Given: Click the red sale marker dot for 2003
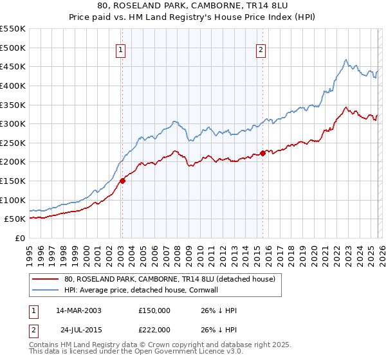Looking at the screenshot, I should (x=122, y=181).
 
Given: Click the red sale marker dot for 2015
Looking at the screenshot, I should (x=263, y=153).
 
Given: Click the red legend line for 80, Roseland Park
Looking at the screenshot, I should (x=45, y=279).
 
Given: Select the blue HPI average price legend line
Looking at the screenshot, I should (x=45, y=290).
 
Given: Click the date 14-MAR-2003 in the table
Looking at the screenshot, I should (x=78, y=310).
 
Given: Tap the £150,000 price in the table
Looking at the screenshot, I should (x=154, y=310).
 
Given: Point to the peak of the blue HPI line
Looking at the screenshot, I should (x=345, y=60).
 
